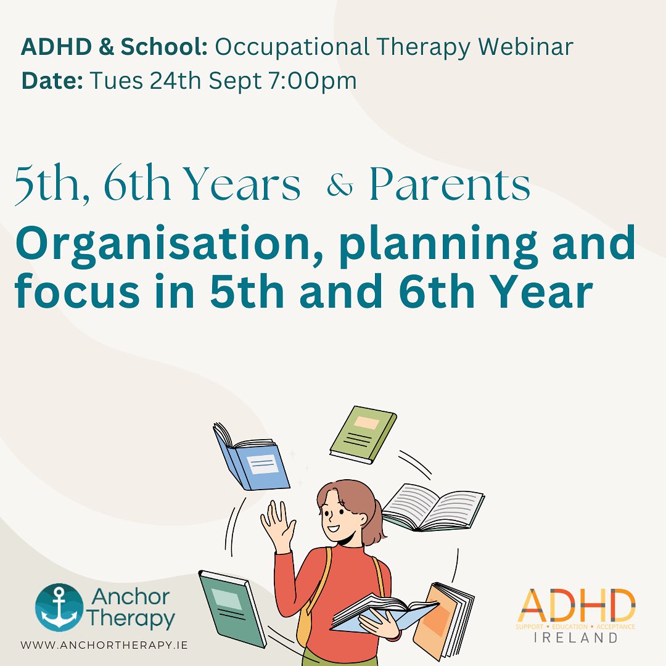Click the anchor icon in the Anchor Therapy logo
coord(59,607)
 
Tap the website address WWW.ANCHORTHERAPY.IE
coord(104,645)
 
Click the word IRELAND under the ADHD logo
coord(576,637)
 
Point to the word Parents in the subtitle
coord(450,184)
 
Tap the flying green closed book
coord(362,434)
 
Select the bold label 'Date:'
coord(52,81)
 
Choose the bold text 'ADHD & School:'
coord(114,47)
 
